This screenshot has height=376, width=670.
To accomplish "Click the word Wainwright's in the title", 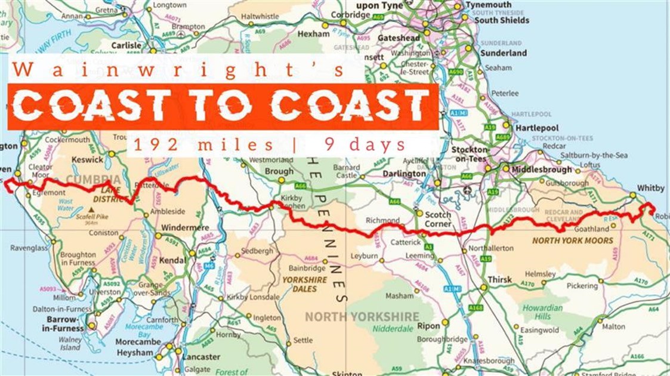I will [178, 70].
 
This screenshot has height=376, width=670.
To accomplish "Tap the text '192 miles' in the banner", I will [203, 144].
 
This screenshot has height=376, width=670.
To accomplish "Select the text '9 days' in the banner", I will [365, 144].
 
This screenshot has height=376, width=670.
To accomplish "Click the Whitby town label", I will [650, 188].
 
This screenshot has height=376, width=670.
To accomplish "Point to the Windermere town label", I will [185, 228].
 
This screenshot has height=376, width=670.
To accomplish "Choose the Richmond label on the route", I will [382, 220].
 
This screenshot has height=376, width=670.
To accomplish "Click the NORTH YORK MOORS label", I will [572, 241].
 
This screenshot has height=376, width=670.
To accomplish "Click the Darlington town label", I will [405, 174].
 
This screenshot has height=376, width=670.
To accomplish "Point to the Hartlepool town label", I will [538, 128].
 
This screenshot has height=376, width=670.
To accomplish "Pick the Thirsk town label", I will [499, 279].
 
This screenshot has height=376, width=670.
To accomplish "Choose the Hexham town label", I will [313, 34].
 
